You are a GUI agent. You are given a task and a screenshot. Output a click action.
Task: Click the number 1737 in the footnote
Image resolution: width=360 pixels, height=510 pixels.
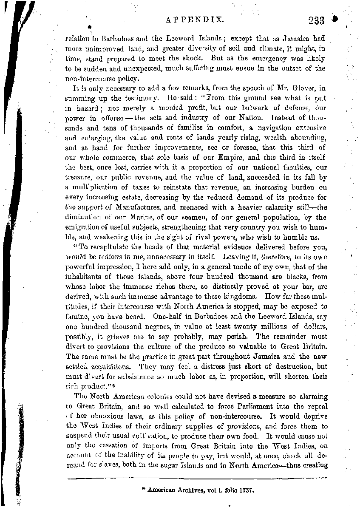coord(247,490)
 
